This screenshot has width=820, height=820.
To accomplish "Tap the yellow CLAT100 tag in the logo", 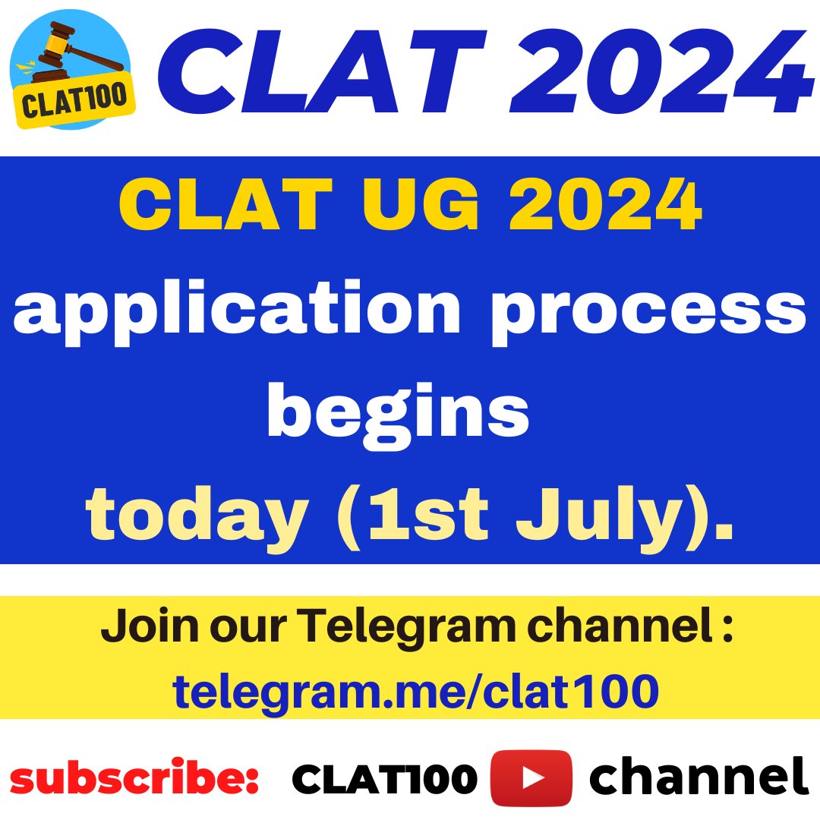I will point(74,104).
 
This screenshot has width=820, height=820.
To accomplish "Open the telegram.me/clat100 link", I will point(415,690).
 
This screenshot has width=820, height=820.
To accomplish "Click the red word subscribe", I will point(134,778).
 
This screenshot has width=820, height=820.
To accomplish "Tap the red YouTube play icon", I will point(531,777).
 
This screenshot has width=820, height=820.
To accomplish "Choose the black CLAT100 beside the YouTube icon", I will point(384,778).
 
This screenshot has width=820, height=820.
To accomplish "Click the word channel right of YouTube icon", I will point(699,778).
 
